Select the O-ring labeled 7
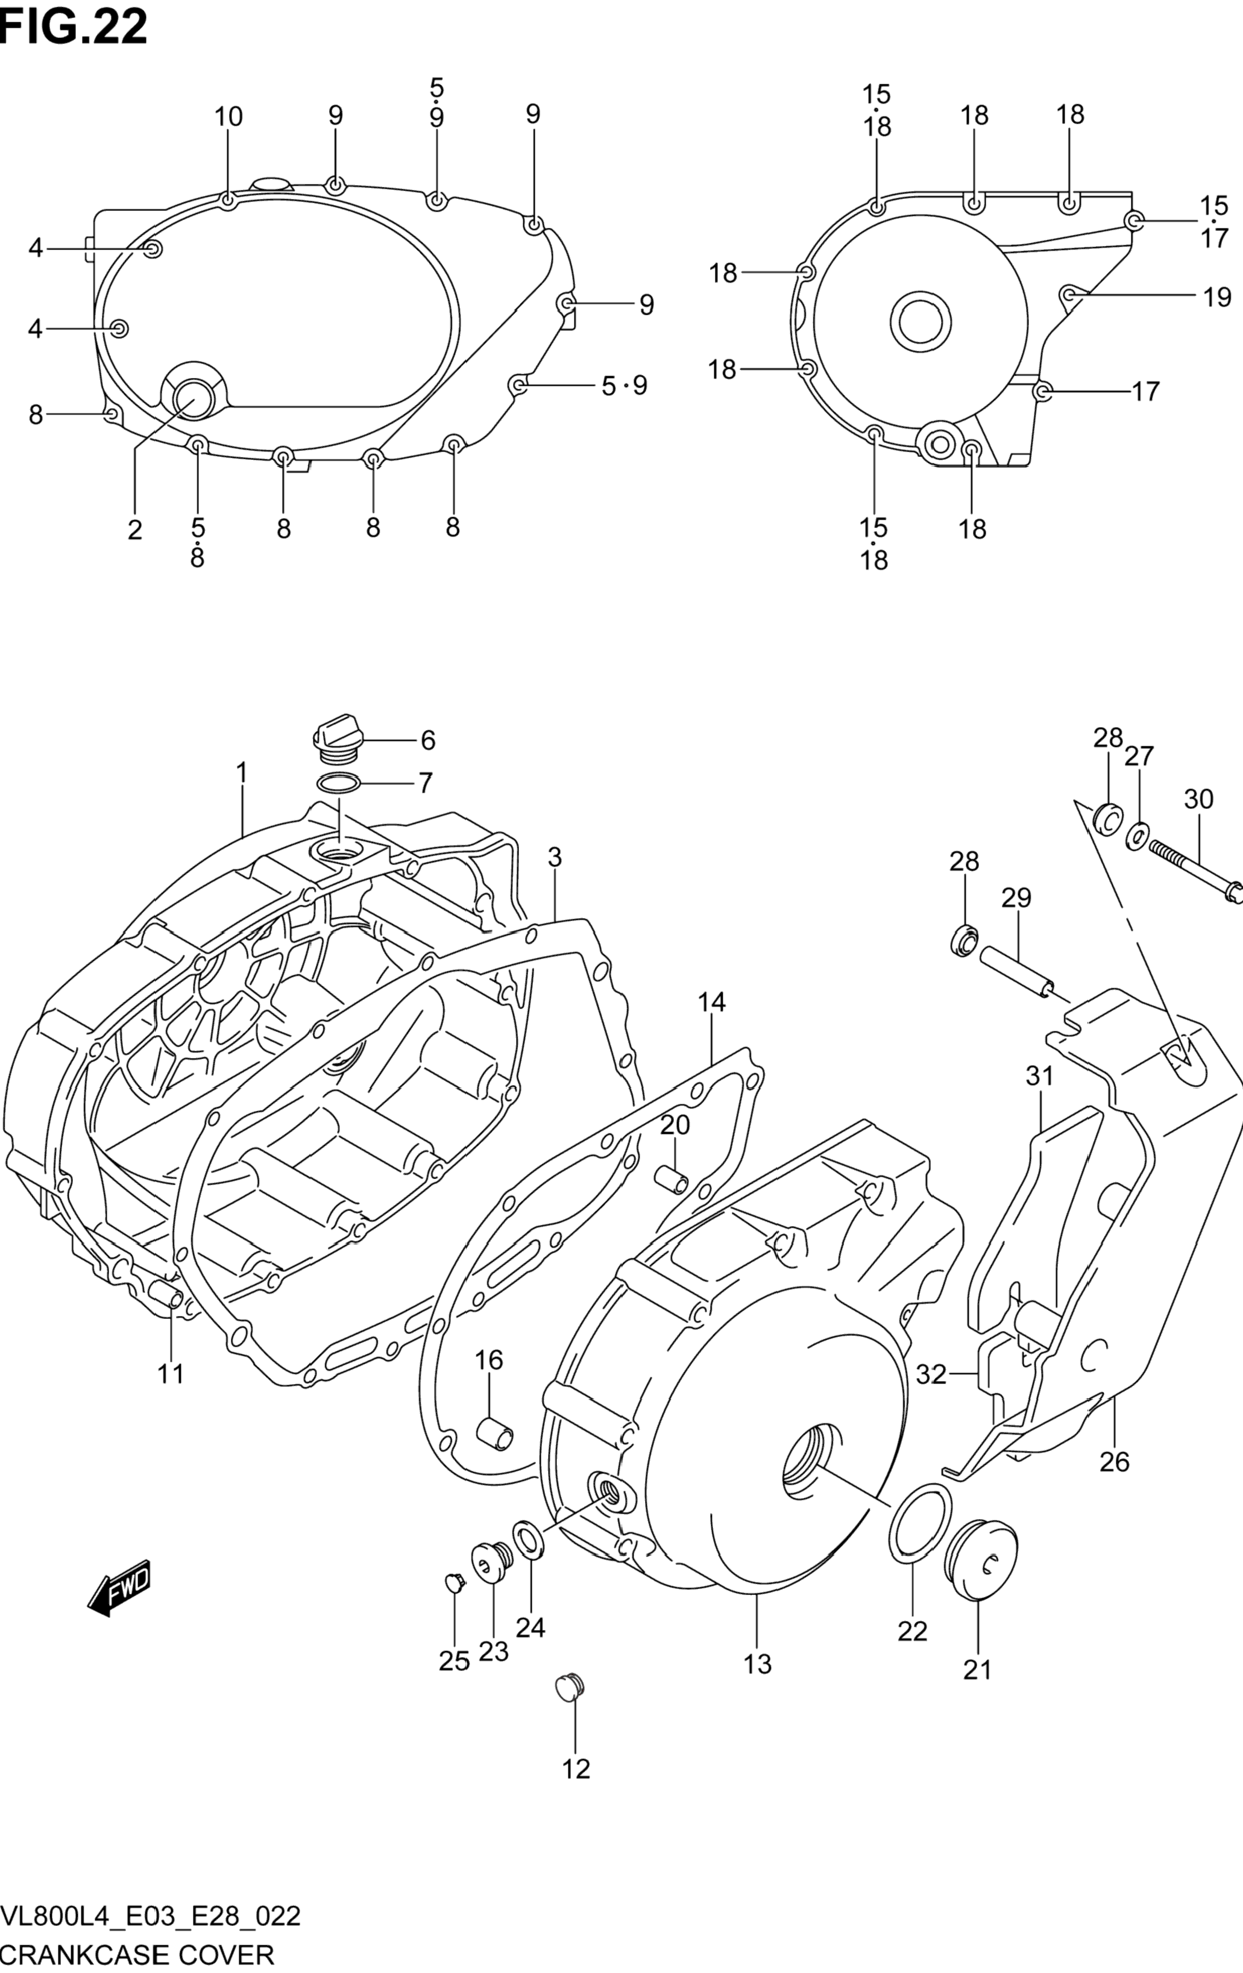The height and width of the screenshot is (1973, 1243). point(338,784)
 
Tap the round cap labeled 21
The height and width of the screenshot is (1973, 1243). point(981,1558)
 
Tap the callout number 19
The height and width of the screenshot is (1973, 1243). point(1218,297)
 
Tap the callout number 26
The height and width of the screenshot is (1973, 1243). point(1115,1461)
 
